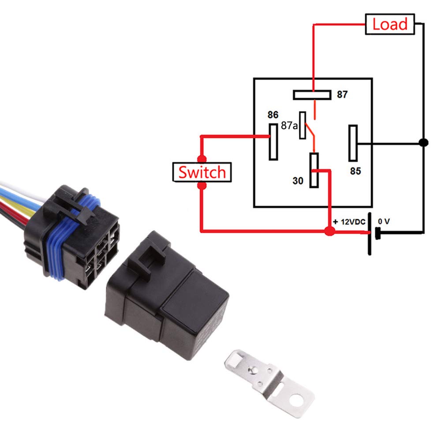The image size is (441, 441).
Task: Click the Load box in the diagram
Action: coord(390,24)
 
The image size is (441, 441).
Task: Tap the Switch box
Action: coord(202,172)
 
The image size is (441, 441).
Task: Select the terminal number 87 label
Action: coord(342,94)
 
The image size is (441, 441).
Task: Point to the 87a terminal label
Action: coord(289,126)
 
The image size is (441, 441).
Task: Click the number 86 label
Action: coord(273,115)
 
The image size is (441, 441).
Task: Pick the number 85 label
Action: coord(355,171)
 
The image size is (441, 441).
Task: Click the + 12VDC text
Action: coord(350,221)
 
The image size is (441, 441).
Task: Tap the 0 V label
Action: coord(383,221)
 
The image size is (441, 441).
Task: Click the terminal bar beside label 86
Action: coord(273,142)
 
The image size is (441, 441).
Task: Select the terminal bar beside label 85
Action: coord(353,143)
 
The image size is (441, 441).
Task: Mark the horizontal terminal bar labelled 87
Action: coord(312,95)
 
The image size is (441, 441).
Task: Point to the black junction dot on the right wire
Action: coord(423,143)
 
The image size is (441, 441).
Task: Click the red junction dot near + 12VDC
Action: coord(328,231)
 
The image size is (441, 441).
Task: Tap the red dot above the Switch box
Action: coord(202,158)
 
